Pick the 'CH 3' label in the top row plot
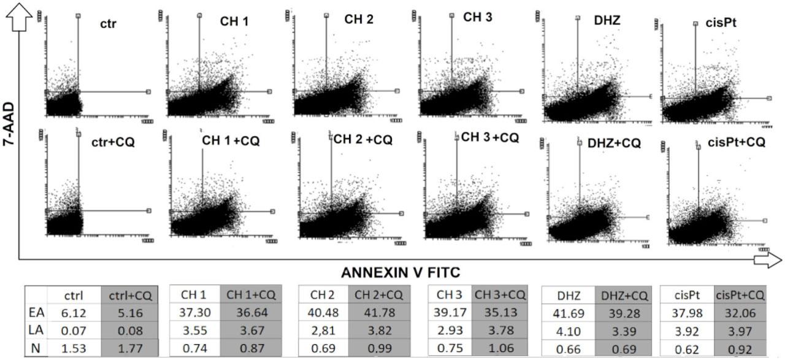point(477,17)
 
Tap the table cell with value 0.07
point(73,331)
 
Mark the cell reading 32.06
point(740,313)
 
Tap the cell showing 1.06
point(500,349)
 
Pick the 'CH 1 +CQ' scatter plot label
point(231,141)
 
